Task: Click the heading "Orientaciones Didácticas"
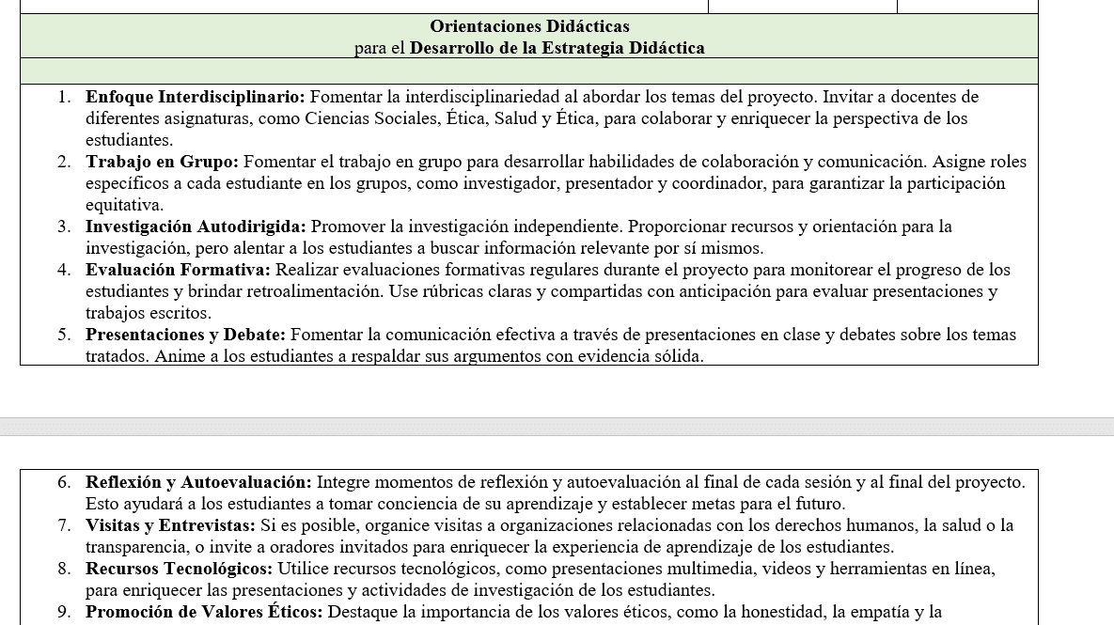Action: click(x=529, y=26)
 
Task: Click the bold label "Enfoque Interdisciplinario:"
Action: click(x=195, y=97)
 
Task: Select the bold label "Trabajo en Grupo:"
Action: click(x=162, y=162)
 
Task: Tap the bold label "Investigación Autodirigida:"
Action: click(x=196, y=227)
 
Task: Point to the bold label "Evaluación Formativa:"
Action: click(x=178, y=270)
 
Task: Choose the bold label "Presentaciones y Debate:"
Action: click(x=185, y=335)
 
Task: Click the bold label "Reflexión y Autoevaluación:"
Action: click(x=198, y=482)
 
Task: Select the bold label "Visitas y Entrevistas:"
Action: click(x=170, y=525)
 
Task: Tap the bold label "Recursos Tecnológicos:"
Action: click(x=179, y=569)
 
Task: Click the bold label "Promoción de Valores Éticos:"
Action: click(x=204, y=612)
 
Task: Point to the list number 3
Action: click(x=64, y=227)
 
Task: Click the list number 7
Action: click(x=64, y=525)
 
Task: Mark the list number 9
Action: click(x=64, y=612)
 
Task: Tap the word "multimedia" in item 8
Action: click(x=713, y=569)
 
